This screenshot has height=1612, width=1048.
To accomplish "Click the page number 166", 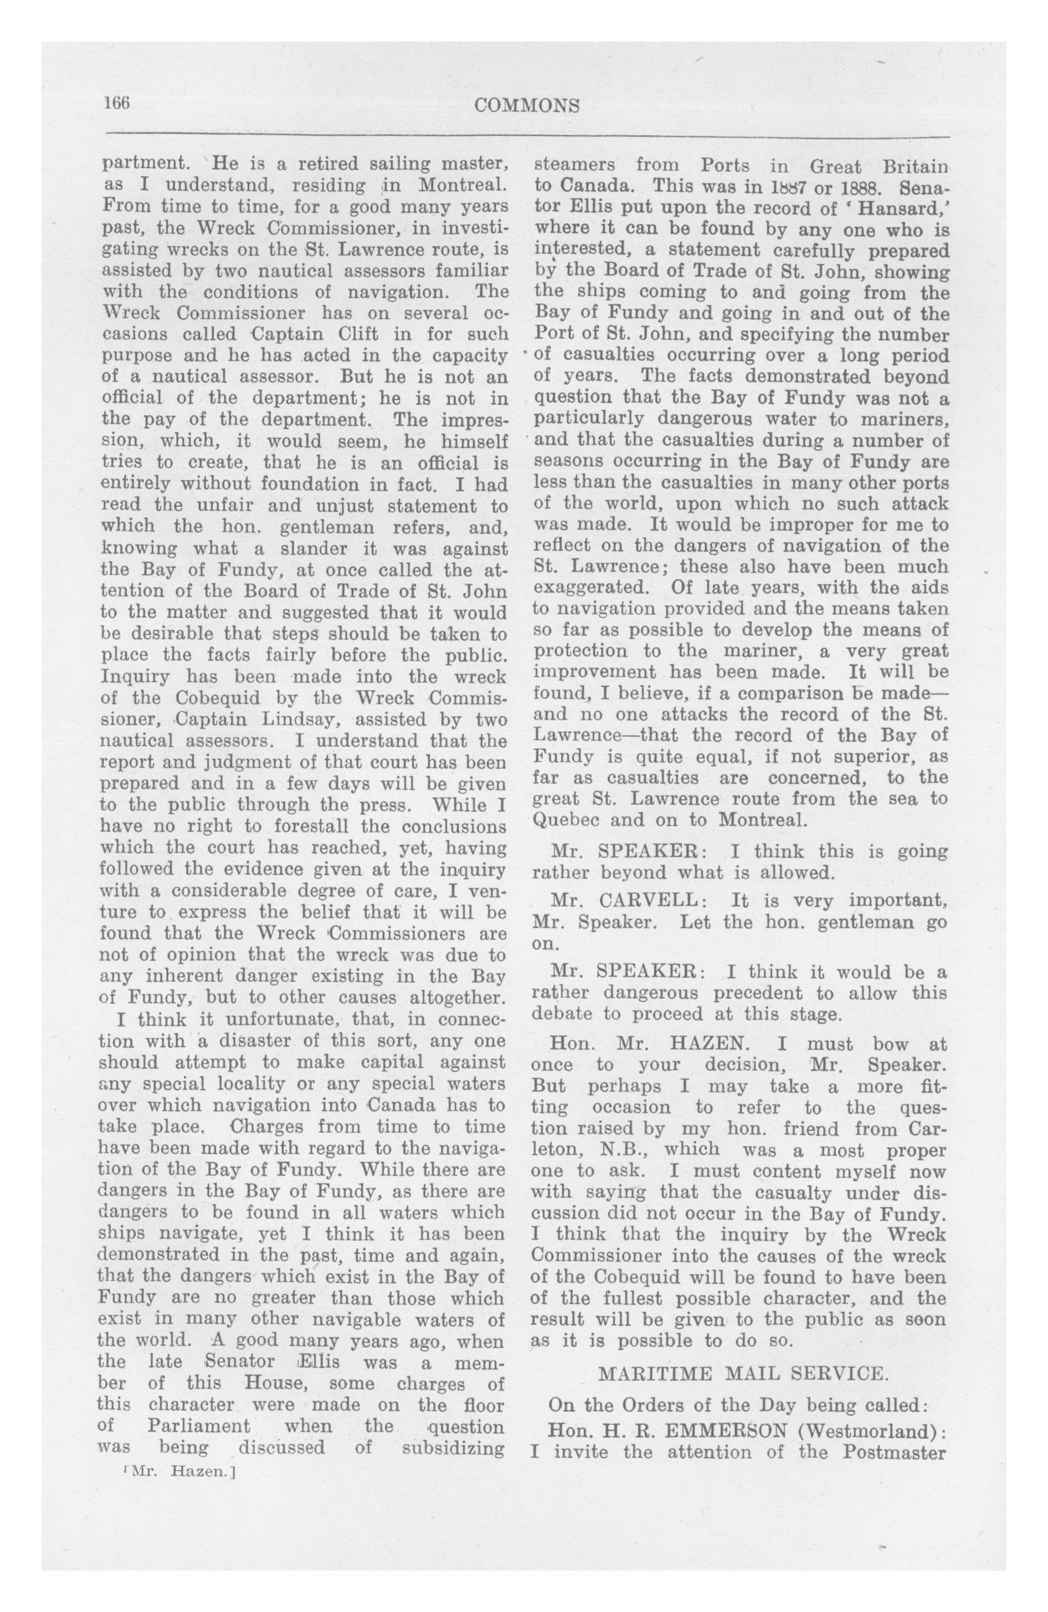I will pyautogui.click(x=116, y=103).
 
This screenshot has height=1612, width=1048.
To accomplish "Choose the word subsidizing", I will pyautogui.click(x=453, y=1447).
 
